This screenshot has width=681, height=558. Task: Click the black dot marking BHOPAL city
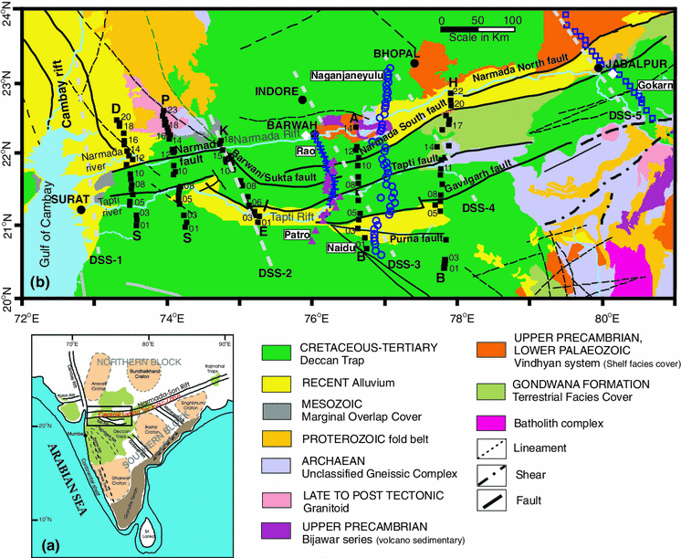click(414, 63)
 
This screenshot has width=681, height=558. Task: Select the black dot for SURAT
click(81, 209)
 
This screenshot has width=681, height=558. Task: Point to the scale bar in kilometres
click(477, 29)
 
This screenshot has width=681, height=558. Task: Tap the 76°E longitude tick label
click(315, 319)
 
